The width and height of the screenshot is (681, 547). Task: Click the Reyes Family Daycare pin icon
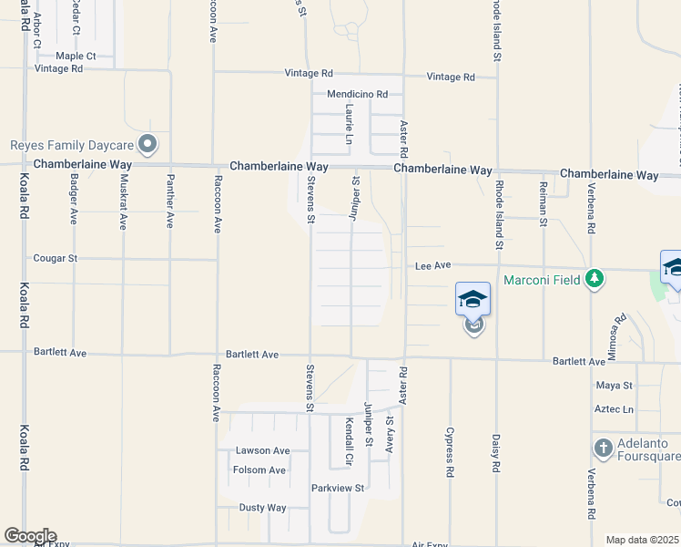(147, 144)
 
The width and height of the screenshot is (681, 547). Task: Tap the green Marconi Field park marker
(595, 277)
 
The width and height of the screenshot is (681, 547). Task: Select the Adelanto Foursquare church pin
(603, 448)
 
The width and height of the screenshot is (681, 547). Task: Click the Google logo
(29, 536)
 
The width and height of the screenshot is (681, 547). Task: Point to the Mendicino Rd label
(357, 94)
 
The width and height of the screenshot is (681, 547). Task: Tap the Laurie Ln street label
(349, 124)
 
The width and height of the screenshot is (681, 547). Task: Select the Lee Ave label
(433, 266)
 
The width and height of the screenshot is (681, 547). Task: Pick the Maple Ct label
(76, 56)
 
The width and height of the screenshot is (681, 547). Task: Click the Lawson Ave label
(262, 450)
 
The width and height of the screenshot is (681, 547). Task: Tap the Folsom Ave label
(259, 470)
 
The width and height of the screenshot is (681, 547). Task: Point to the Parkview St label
(338, 488)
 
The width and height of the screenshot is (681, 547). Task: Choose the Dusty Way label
(263, 508)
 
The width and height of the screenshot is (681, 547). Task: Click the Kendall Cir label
(348, 439)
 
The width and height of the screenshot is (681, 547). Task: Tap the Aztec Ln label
(614, 409)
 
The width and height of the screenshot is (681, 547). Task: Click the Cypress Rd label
(450, 452)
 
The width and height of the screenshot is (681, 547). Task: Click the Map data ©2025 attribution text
(641, 540)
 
